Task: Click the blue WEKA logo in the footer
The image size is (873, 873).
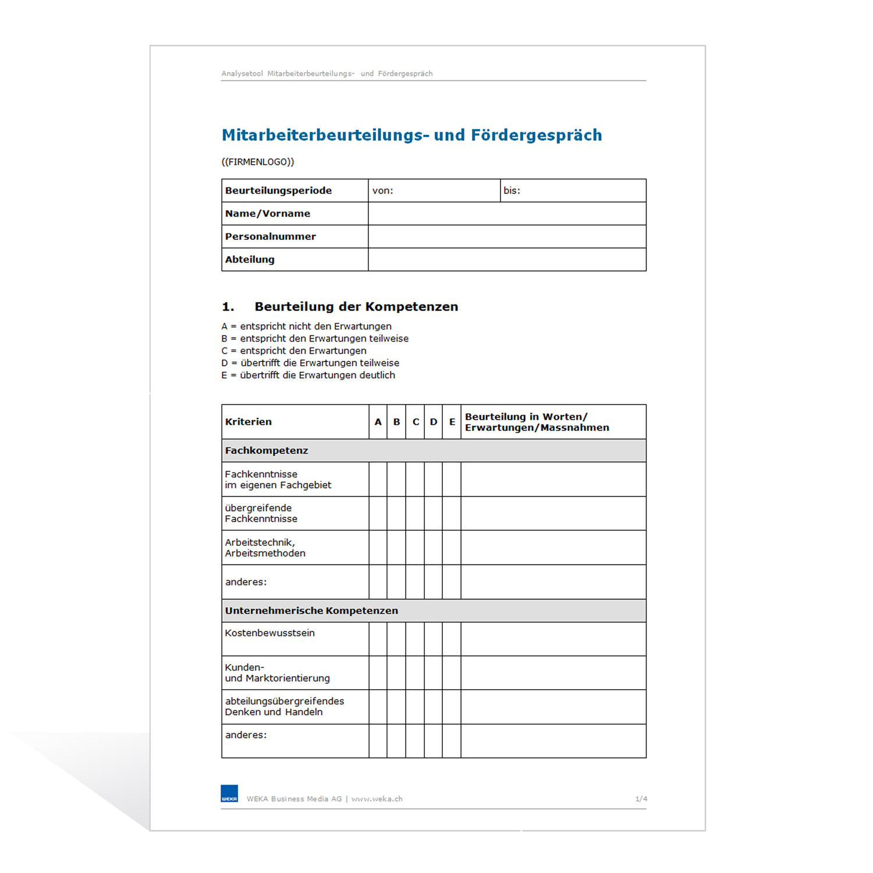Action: (x=229, y=794)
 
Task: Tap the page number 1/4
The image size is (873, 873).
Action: (x=641, y=799)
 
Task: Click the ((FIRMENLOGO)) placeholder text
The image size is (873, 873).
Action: (x=258, y=162)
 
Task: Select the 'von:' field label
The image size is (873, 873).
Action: (x=383, y=191)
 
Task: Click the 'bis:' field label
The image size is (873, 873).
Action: (x=512, y=191)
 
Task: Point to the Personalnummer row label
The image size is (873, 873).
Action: (x=271, y=236)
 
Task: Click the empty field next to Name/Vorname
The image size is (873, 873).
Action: (x=507, y=214)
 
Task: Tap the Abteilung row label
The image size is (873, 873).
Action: (x=250, y=260)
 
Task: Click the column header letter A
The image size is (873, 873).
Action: (x=378, y=422)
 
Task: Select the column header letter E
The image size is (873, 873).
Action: (x=452, y=422)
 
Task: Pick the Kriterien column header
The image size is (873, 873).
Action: (x=249, y=422)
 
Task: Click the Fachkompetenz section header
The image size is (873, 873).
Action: (x=267, y=450)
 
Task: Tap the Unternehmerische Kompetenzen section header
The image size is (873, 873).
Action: (x=311, y=611)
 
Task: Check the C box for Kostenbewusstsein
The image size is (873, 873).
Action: (x=416, y=639)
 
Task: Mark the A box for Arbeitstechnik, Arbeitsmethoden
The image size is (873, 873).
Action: (x=378, y=548)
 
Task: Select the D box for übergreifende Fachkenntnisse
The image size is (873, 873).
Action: (x=434, y=513)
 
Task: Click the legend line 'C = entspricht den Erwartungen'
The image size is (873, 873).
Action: (x=294, y=351)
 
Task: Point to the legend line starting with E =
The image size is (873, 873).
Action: (x=308, y=375)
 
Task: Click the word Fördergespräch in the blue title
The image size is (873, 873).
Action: (x=536, y=135)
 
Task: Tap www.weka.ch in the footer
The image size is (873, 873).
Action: (x=377, y=799)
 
